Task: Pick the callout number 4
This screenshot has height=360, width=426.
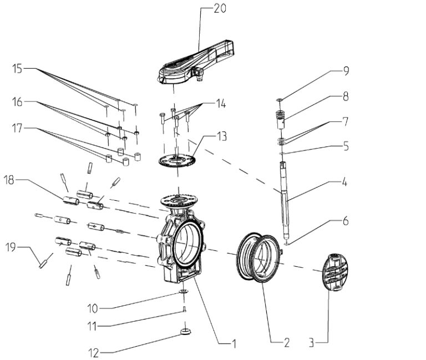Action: [345, 181]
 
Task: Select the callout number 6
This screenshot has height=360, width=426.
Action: [345, 221]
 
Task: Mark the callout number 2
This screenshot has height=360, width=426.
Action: [286, 343]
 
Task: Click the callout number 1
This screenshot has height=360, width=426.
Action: [234, 344]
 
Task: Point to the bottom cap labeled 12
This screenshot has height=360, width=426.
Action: [186, 332]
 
